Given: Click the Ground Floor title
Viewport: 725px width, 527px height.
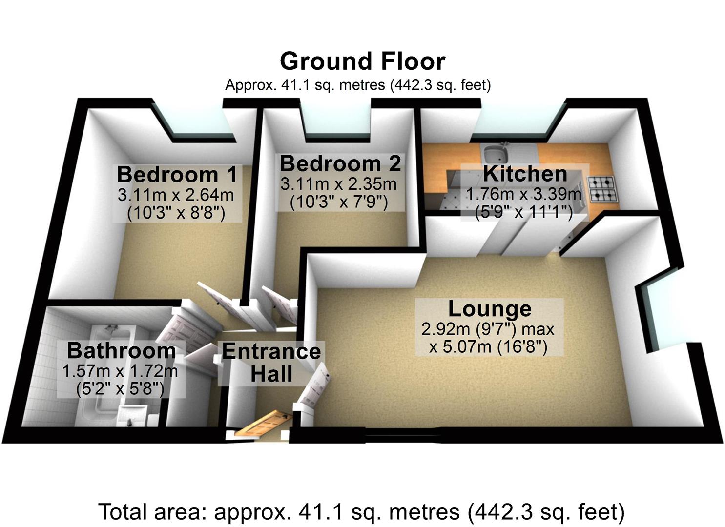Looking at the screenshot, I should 362,62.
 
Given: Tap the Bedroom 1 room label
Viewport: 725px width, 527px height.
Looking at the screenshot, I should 177,174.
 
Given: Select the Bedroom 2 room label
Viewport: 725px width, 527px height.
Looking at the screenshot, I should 340,163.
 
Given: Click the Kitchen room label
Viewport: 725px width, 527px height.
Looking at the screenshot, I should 525,174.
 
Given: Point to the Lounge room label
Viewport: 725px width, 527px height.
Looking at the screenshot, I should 490,309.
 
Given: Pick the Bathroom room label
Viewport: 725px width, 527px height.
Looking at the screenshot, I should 122,350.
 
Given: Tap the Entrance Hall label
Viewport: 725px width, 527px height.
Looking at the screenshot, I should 271,363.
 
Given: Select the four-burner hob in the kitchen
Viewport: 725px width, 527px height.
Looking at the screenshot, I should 603,189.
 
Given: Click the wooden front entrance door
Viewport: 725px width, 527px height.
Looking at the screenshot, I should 264,424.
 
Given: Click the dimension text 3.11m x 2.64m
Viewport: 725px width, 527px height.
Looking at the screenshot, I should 176,195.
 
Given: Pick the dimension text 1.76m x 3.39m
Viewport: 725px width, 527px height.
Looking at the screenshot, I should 524,194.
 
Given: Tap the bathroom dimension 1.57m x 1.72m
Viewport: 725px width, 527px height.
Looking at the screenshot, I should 120,371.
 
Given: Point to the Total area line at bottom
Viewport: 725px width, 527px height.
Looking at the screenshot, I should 361,512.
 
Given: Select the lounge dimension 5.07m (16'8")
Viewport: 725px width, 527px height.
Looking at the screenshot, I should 488,347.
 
